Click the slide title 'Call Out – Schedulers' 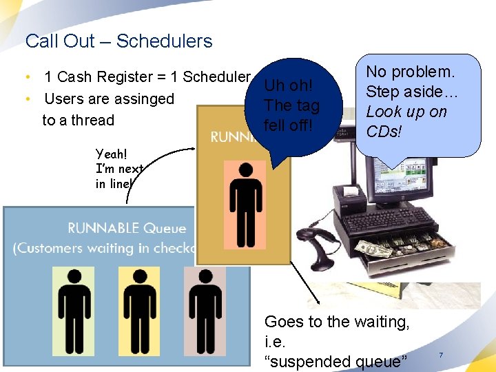point(118,41)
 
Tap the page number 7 point(440,355)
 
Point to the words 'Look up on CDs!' point(406,122)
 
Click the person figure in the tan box point(247,204)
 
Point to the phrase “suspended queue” point(336,361)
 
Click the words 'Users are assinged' point(109,99)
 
